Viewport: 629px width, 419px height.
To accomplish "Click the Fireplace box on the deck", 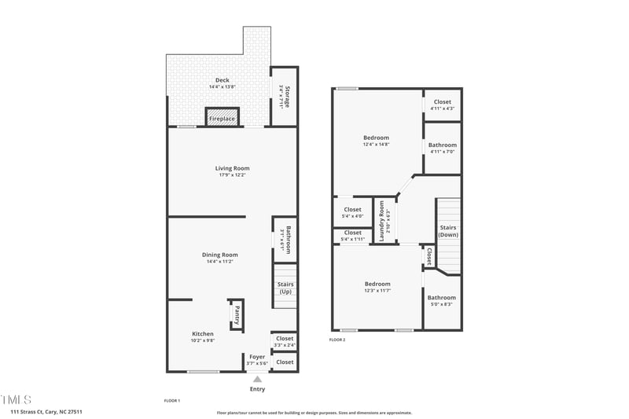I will pyautogui.click(x=222, y=118).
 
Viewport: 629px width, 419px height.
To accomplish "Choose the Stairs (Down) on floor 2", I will pyautogui.click(x=448, y=231).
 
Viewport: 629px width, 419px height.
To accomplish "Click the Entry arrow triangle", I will pyautogui.click(x=257, y=380).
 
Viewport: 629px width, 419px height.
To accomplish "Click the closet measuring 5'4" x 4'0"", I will pyautogui.click(x=353, y=211).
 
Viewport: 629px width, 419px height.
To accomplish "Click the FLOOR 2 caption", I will pyautogui.click(x=337, y=340).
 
